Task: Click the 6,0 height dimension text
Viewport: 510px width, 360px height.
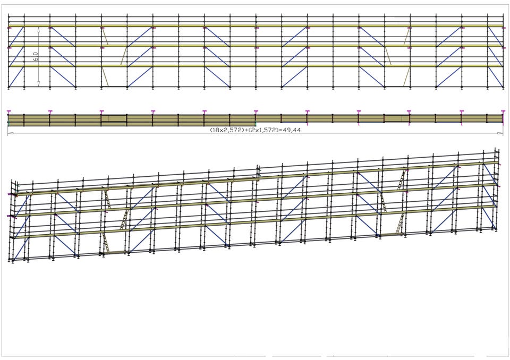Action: [36, 57]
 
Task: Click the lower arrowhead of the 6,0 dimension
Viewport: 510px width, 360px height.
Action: [39, 84]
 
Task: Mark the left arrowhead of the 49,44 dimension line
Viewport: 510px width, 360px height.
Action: [10, 133]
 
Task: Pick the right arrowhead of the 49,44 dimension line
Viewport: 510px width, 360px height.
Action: [500, 133]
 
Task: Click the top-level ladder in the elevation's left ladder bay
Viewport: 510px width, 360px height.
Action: [105, 37]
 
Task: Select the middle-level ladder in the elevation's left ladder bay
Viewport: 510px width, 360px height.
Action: [124, 56]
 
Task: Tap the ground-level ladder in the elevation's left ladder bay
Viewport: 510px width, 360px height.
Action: [105, 77]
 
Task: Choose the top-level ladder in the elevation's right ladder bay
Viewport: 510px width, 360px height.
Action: [406, 37]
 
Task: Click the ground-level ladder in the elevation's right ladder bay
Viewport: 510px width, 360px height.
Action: [406, 77]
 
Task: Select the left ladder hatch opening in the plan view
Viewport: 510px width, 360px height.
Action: [114, 118]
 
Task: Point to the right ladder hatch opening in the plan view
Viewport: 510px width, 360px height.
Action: [396, 118]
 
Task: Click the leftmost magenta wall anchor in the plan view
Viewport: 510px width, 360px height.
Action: [9, 112]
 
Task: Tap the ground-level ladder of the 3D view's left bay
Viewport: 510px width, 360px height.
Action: [106, 243]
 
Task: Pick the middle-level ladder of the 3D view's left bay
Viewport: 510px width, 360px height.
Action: [124, 219]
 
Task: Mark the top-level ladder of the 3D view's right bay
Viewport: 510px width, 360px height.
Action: [402, 179]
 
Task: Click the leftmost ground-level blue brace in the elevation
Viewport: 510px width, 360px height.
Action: [16, 77]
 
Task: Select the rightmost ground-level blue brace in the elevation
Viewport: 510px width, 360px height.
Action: [495, 77]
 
